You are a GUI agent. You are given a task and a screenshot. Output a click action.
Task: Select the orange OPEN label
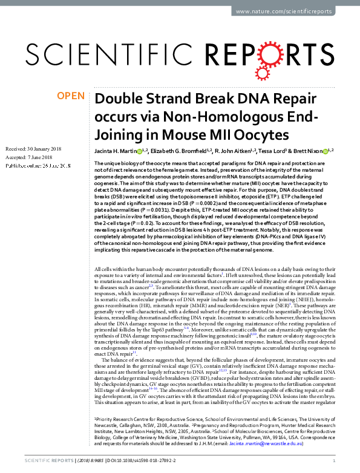pos(70,96)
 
